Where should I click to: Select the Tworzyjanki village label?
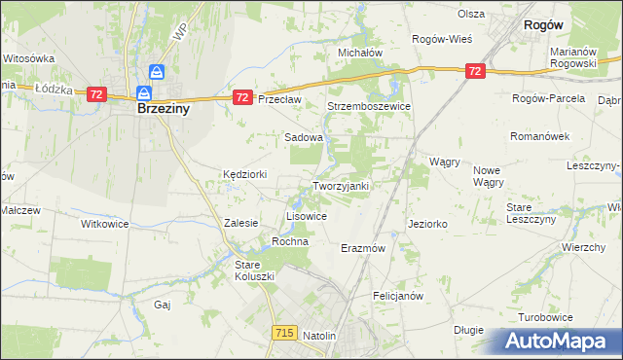[x=340, y=186]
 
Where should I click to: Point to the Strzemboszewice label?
[x=369, y=106]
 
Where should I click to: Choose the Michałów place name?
[x=359, y=53]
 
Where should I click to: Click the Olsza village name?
[x=471, y=15]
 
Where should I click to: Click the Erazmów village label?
[x=364, y=248]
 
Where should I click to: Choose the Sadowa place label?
[x=303, y=138]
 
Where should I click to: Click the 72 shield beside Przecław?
[x=243, y=98]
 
